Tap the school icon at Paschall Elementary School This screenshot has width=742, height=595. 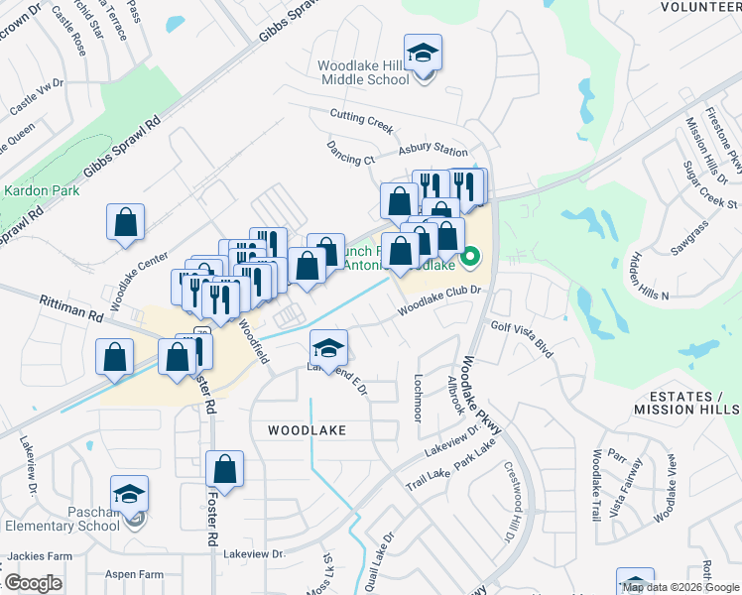(129, 494)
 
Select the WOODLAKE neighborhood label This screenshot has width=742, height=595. (307, 429)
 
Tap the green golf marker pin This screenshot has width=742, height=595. (471, 261)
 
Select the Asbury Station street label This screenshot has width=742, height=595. (433, 151)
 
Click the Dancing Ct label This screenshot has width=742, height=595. (350, 153)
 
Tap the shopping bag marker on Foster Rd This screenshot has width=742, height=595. (225, 471)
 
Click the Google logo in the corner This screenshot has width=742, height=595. (32, 582)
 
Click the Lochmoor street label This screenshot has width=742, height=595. (419, 398)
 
